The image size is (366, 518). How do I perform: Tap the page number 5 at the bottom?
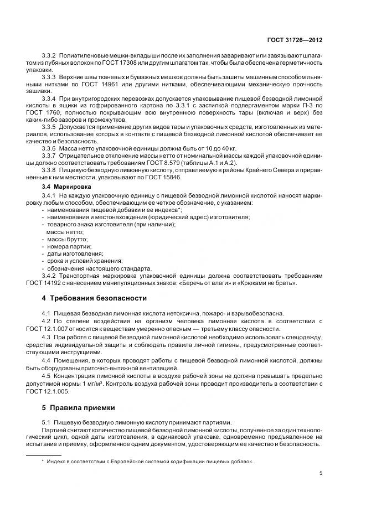pos(322,473)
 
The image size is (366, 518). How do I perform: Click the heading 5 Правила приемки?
pos(79,407)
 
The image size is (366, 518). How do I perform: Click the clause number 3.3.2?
pos(50,58)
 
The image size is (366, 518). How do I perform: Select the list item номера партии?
pos(69,246)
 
